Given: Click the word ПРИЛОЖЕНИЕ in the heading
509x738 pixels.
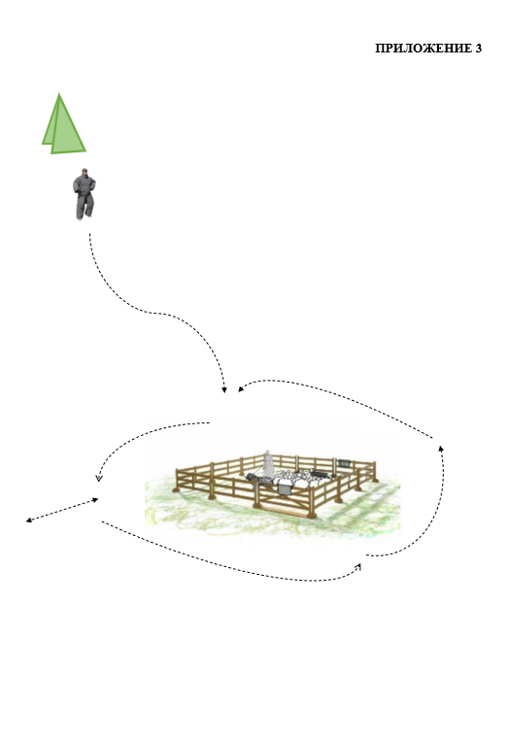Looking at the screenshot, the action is click(x=423, y=48).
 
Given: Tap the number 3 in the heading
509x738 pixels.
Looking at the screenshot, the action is click(x=478, y=48).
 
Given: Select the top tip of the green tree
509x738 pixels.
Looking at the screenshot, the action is click(x=59, y=93).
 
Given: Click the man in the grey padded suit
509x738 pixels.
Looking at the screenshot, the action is click(x=85, y=194).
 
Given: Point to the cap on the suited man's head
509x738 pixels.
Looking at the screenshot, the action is click(x=85, y=170).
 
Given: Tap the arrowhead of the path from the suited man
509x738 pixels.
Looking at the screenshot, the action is click(x=224, y=389).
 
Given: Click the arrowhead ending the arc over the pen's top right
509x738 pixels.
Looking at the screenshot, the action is click(x=241, y=388).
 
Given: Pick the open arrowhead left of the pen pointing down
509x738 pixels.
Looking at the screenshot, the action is click(x=98, y=478).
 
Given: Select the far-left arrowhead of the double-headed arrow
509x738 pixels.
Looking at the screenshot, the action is click(x=29, y=520).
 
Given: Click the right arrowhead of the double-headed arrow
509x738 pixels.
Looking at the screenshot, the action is click(x=95, y=500).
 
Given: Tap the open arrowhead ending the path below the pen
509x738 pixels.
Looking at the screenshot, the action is click(x=358, y=567).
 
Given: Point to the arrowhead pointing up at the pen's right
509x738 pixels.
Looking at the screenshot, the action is click(x=441, y=448).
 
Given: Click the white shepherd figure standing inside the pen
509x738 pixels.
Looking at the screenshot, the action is click(x=268, y=463).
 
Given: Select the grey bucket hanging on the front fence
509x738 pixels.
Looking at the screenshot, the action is click(x=285, y=488).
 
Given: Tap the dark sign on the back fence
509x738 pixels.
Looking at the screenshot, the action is click(x=344, y=463).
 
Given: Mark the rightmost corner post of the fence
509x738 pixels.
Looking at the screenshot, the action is click(x=375, y=472).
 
